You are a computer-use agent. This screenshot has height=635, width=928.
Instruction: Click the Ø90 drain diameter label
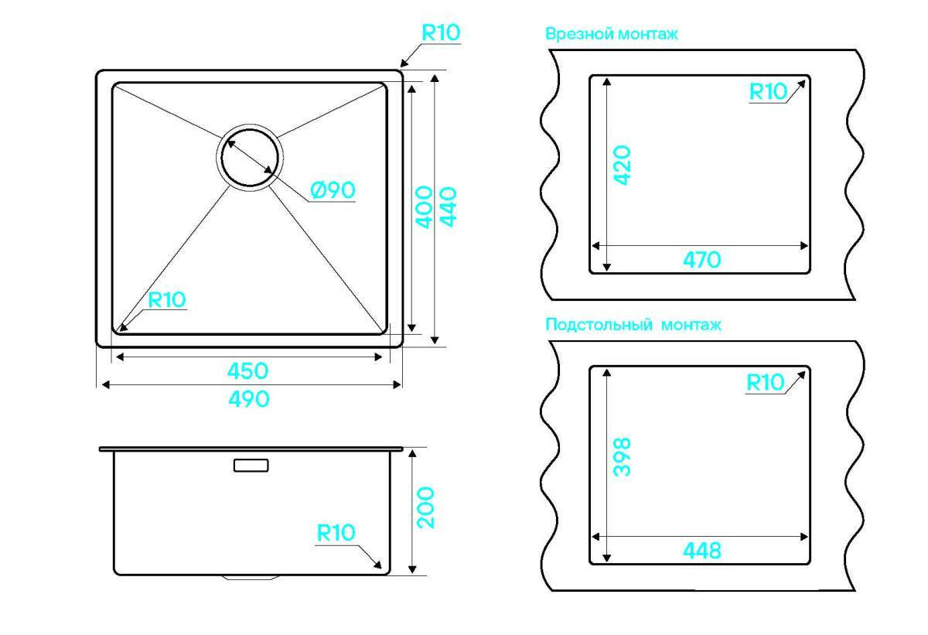click(333, 190)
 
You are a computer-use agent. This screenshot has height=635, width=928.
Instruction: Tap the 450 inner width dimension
click(247, 370)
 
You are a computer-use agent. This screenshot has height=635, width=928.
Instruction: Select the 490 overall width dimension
click(249, 399)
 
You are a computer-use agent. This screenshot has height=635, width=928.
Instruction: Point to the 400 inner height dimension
click(424, 207)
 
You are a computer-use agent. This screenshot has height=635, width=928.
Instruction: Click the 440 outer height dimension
click(448, 207)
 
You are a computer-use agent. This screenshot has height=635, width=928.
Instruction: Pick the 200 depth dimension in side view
click(425, 508)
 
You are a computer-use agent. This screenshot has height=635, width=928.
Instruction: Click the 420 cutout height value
click(622, 165)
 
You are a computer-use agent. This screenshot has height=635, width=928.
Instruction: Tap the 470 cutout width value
click(702, 260)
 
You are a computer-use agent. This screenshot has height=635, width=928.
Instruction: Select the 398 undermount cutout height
click(622, 457)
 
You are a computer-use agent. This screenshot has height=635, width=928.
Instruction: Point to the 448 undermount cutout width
click(702, 551)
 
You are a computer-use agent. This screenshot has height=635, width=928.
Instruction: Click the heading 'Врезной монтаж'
click(612, 33)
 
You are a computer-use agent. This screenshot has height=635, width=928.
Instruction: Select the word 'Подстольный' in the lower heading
click(599, 324)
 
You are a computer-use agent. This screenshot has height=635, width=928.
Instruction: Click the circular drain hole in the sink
click(249, 158)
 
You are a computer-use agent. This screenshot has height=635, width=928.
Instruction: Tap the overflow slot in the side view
click(251, 465)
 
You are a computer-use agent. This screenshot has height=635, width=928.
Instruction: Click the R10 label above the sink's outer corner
click(441, 32)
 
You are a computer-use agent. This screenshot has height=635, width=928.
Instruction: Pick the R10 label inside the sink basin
click(167, 299)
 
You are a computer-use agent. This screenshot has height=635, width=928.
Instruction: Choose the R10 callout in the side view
click(336, 533)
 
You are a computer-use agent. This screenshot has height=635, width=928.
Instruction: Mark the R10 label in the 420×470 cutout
click(768, 91)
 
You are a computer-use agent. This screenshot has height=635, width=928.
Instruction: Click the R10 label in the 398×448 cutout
click(765, 382)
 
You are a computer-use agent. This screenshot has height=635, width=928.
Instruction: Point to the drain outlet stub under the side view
click(251, 577)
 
